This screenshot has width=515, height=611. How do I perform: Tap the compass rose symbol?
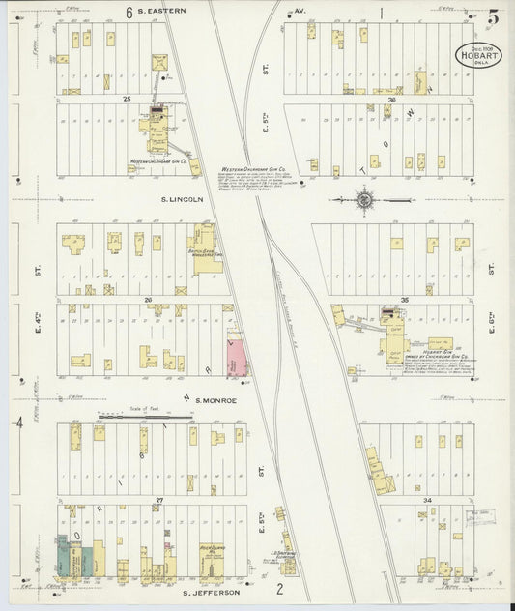pyautogui.click(x=364, y=201)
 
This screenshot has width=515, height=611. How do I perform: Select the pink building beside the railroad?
pyautogui.click(x=235, y=359)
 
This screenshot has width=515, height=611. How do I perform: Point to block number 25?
pyautogui.click(x=153, y=99)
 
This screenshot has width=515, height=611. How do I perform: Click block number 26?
pyautogui.click(x=149, y=300)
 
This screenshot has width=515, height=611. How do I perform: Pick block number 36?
pyautogui.click(x=391, y=100)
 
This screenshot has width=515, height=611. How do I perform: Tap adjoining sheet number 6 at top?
pyautogui.click(x=129, y=13)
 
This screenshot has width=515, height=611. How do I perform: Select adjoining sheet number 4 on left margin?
pyautogui.click(x=18, y=422)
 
